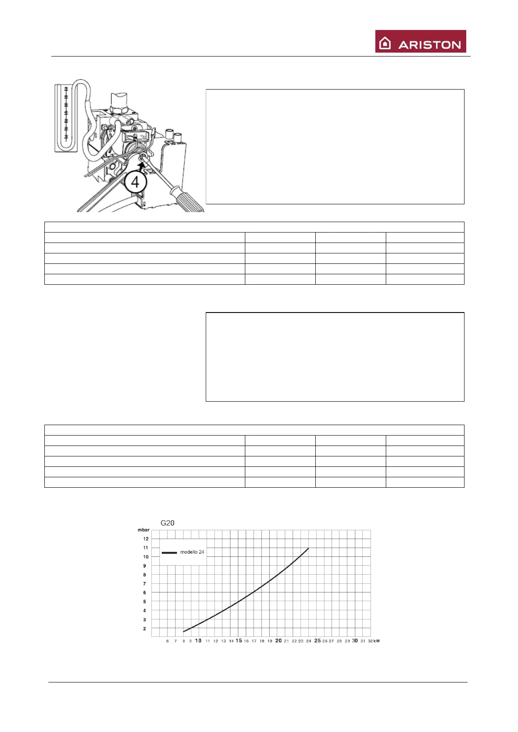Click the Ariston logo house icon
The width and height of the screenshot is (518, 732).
385,43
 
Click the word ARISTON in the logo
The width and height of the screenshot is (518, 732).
429,45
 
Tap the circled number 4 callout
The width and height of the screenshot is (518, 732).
135,182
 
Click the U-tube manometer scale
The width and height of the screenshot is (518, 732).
66,114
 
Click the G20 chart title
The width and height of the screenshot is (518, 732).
167,523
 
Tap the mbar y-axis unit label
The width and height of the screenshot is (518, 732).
144,530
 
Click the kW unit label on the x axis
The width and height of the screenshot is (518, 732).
376,641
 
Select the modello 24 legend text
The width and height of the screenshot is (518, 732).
192,552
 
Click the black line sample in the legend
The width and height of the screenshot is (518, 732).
169,552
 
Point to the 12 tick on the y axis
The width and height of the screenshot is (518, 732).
146,539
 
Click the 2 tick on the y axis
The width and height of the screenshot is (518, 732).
145,629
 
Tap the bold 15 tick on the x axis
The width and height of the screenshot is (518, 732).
239,641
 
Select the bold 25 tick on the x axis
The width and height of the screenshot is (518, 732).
317,641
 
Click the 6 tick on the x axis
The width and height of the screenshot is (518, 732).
167,641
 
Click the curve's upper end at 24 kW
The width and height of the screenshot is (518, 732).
308,549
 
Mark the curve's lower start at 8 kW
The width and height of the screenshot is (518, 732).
184,631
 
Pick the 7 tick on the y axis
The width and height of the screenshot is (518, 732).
145,584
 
